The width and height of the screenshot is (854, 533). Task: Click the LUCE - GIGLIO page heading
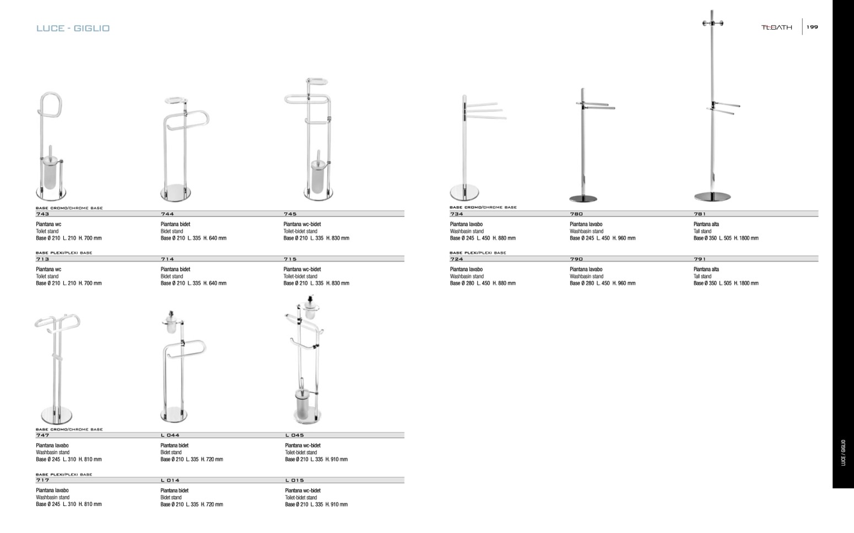click(73, 28)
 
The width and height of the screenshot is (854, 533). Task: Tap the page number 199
click(812, 27)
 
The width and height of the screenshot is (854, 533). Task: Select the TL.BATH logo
click(777, 28)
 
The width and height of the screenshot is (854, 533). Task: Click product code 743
click(42, 214)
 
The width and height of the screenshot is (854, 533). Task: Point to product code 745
click(290, 214)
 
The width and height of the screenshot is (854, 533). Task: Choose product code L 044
click(170, 435)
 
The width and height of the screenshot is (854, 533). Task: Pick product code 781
click(700, 214)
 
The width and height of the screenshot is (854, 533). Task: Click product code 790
click(576, 259)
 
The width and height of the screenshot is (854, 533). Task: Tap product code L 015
click(294, 480)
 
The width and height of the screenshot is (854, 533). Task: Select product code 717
click(42, 480)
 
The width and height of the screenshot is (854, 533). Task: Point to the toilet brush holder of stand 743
click(50, 172)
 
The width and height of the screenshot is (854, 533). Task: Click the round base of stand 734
click(464, 193)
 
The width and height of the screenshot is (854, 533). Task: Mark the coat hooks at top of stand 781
click(712, 23)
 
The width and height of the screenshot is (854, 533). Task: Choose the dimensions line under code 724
click(483, 283)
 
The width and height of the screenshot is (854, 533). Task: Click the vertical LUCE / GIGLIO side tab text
click(843, 453)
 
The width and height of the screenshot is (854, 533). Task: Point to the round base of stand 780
click(582, 198)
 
